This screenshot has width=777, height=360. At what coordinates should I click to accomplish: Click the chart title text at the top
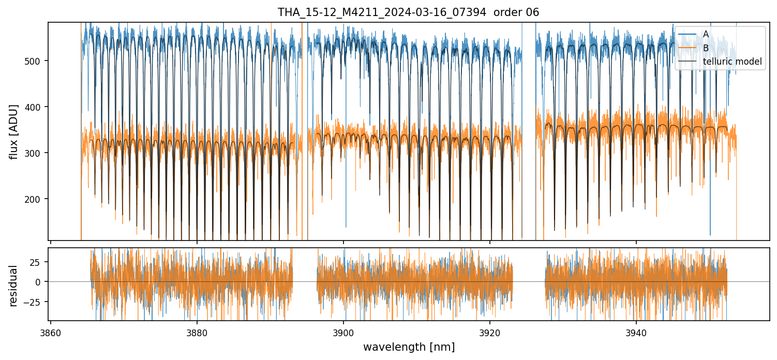[408, 12]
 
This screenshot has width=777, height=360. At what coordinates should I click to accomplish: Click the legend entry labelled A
[706, 34]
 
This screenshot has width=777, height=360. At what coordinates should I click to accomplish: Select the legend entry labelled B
[706, 48]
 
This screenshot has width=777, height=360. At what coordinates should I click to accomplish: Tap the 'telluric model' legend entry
[732, 62]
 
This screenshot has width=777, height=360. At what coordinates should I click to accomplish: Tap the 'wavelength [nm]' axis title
[409, 347]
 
